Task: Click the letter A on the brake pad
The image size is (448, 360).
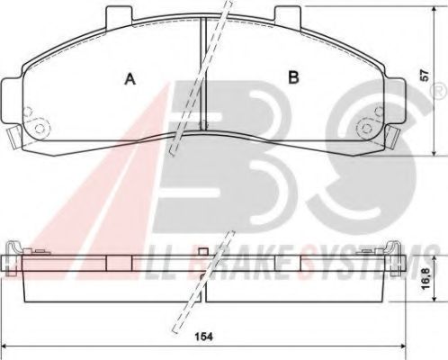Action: pyautogui.click(x=130, y=79)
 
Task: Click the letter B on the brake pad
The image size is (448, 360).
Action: pyautogui.click(x=292, y=78)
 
